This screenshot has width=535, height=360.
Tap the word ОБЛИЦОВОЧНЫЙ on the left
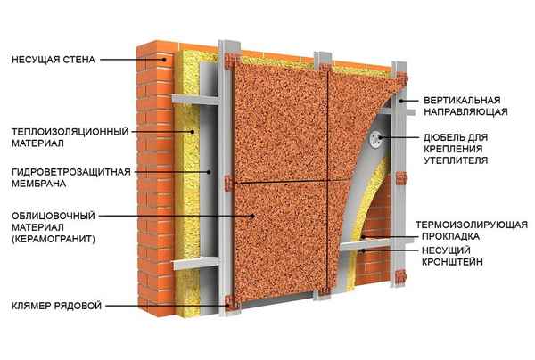coord(54,215)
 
